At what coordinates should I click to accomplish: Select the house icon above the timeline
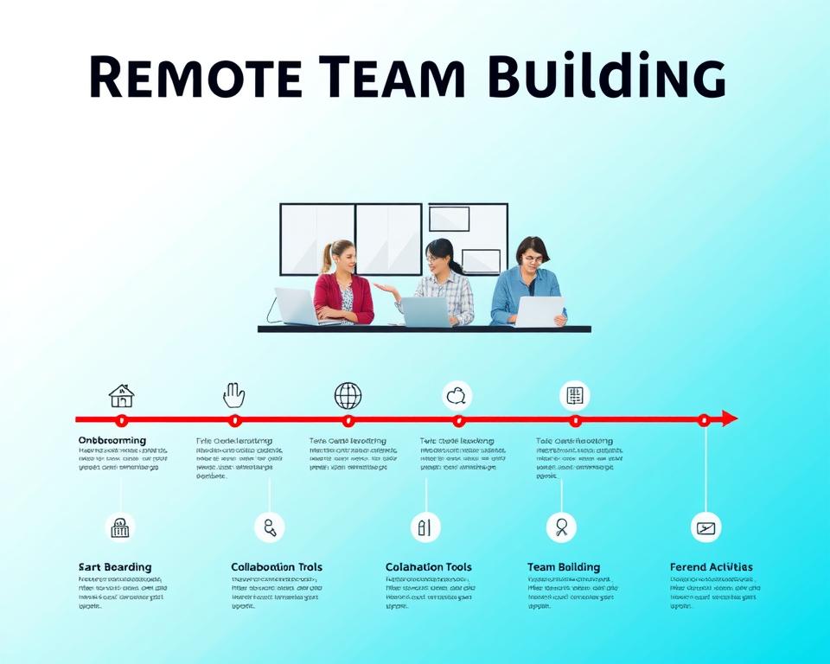[x=121, y=396]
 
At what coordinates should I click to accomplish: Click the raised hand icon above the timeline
[x=233, y=395]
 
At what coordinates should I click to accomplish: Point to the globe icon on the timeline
[x=348, y=396]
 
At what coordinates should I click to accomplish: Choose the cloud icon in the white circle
[x=456, y=396]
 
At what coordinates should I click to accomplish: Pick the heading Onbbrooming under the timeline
[x=112, y=441]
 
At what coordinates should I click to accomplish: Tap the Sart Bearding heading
[x=115, y=567]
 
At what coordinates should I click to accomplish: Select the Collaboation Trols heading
[x=277, y=567]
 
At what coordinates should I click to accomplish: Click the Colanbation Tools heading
[x=429, y=567]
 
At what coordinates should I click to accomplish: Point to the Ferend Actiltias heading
[x=712, y=567]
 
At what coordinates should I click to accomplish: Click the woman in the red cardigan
[x=343, y=294]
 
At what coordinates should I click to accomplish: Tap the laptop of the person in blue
[x=539, y=311]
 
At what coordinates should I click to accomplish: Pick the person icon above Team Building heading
[x=561, y=527]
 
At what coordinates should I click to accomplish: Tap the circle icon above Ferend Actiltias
[x=705, y=527]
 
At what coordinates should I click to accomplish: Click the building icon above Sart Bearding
[x=120, y=527]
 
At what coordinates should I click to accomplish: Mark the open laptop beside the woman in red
[x=296, y=306]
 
